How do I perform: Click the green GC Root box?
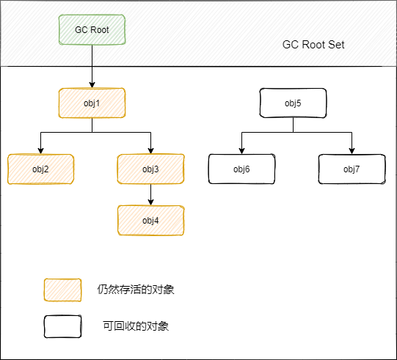[x=92, y=29]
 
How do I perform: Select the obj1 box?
[x=92, y=103]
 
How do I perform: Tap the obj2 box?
[x=41, y=169]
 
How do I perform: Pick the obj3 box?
[x=150, y=169]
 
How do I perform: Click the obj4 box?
[x=150, y=221]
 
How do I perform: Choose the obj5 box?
[x=293, y=103]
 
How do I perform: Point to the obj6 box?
[x=241, y=169]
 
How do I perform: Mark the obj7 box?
[x=352, y=169]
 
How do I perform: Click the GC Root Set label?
[x=313, y=45]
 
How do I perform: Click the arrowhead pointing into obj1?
[x=92, y=85]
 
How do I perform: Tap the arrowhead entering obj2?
[x=41, y=151]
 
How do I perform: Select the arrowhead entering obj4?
[x=150, y=202]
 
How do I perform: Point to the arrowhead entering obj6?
[x=241, y=151]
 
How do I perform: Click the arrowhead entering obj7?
[x=352, y=151]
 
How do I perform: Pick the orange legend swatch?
[x=62, y=290]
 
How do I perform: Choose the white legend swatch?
[x=62, y=326]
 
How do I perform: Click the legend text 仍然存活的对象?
[x=136, y=290]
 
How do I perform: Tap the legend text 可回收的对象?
[x=136, y=326]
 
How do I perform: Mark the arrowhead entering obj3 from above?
[x=150, y=151]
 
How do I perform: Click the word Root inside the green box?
[x=99, y=30]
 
